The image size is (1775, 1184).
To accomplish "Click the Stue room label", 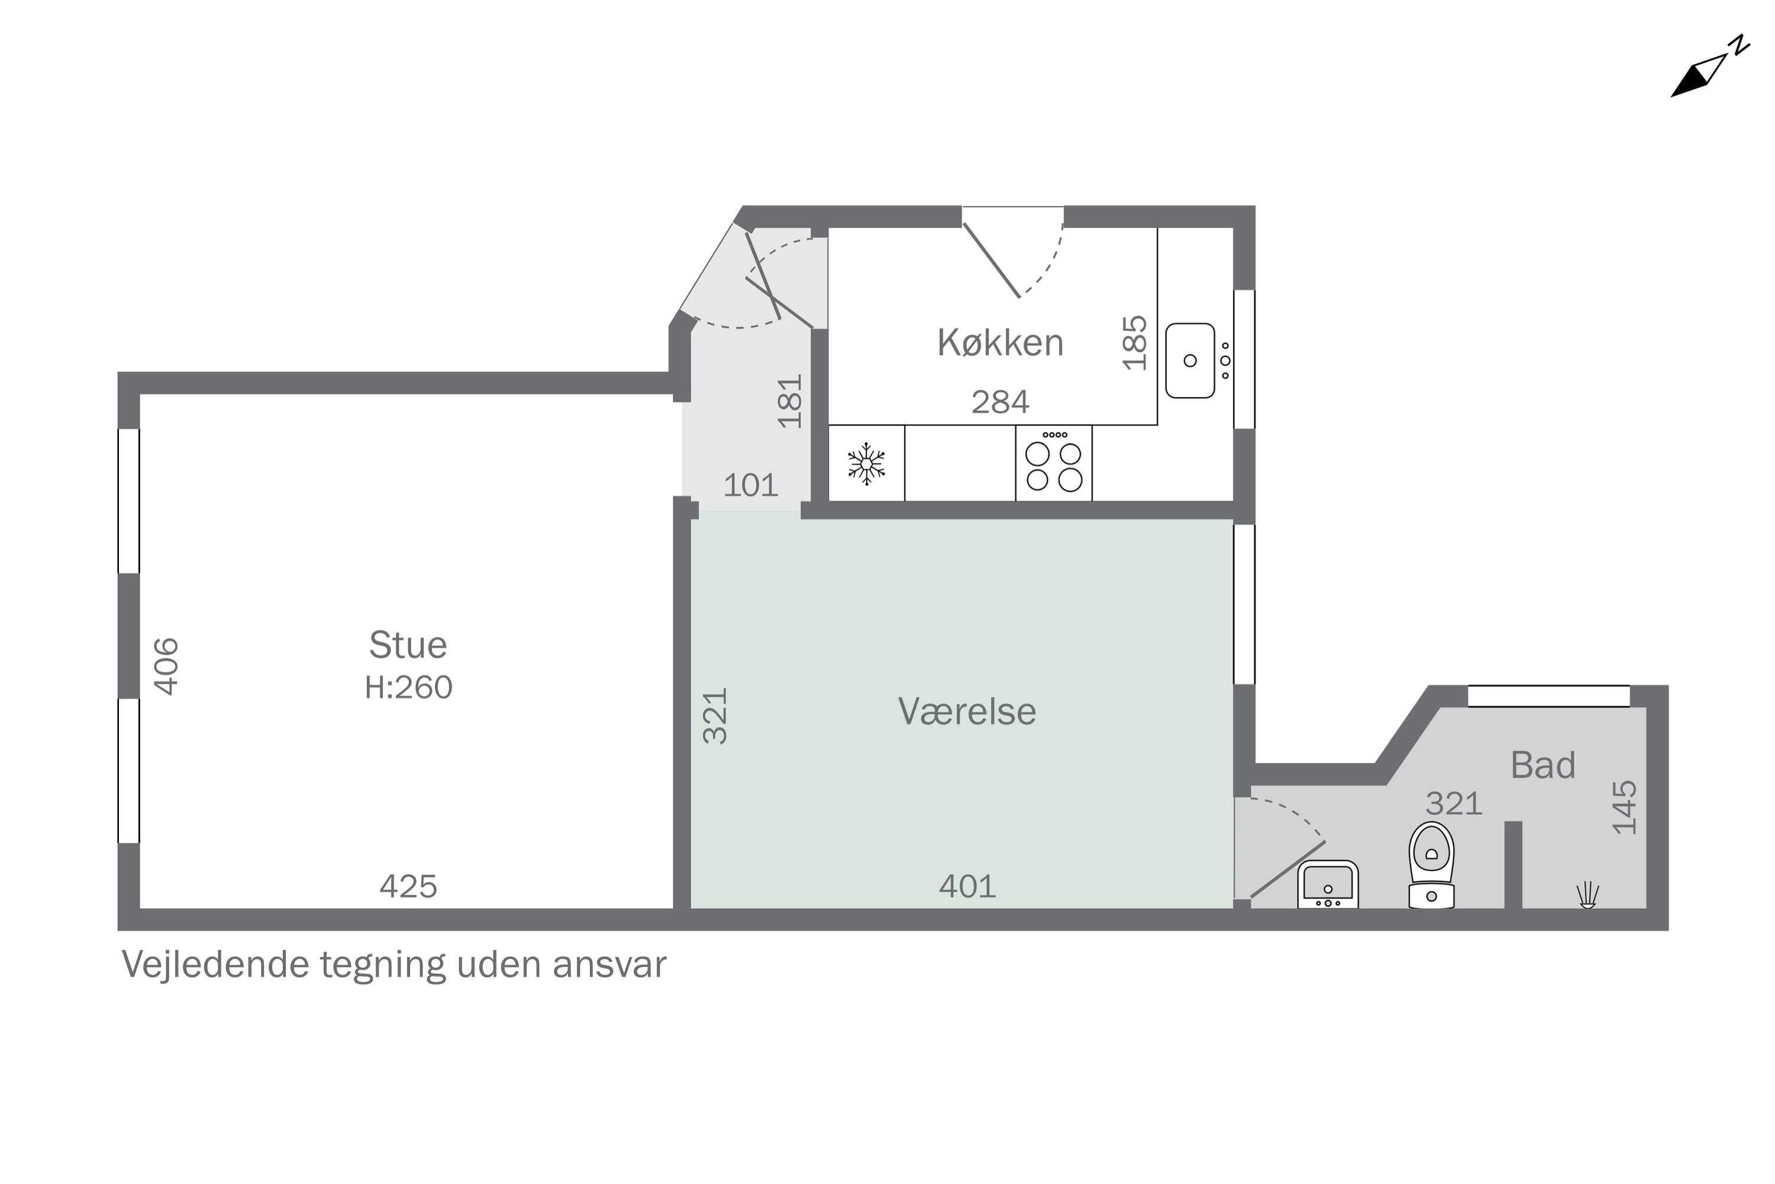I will pyautogui.click(x=408, y=646).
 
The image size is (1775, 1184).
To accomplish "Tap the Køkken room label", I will pyautogui.click(x=1000, y=343).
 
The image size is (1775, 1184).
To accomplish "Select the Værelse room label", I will pyautogui.click(x=967, y=712).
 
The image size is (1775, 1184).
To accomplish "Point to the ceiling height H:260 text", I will pyautogui.click(x=408, y=688).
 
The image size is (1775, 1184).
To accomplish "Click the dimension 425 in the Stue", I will pyautogui.click(x=408, y=886).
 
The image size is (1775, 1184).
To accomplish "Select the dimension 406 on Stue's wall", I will pyautogui.click(x=167, y=666).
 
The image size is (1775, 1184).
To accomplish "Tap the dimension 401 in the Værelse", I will pyautogui.click(x=967, y=886).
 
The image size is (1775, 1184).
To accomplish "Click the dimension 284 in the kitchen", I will pyautogui.click(x=1000, y=403).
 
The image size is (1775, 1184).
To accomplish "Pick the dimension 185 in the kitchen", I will pyautogui.click(x=1135, y=343).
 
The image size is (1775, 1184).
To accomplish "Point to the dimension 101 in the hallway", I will pyautogui.click(x=751, y=485).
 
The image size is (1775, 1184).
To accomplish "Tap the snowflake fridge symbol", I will pyautogui.click(x=866, y=464).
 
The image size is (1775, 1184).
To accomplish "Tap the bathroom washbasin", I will pyautogui.click(x=1328, y=885).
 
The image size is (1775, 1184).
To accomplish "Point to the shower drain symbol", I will pyautogui.click(x=1588, y=896).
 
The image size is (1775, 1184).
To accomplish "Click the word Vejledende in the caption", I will pyautogui.click(x=215, y=966).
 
